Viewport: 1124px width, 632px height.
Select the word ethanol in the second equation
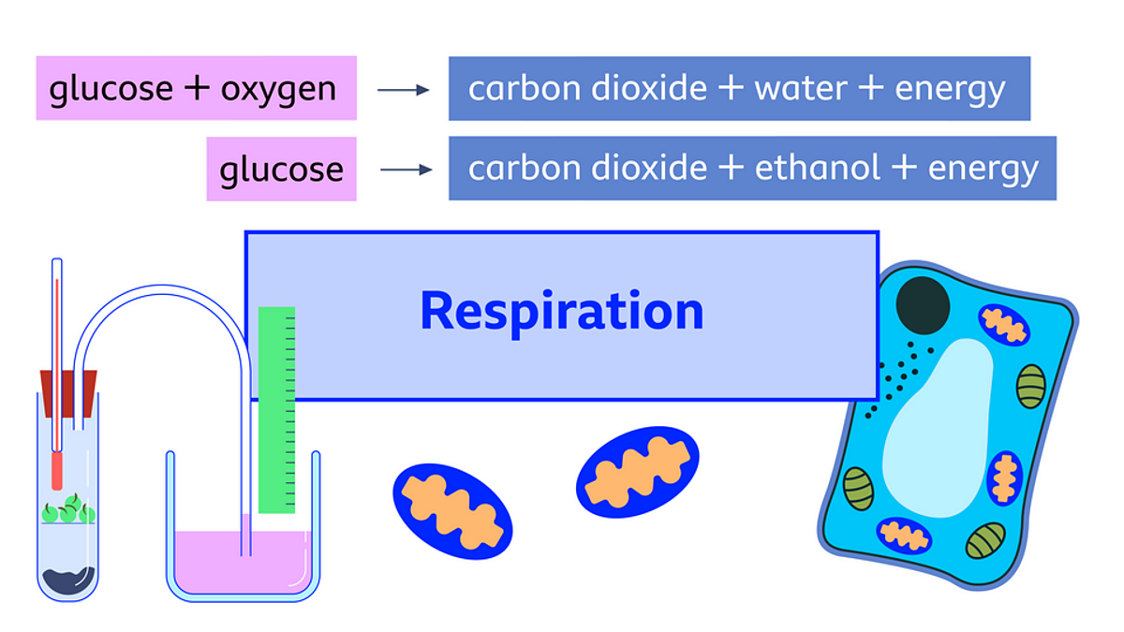(x=817, y=169)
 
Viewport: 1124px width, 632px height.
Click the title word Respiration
(x=561, y=311)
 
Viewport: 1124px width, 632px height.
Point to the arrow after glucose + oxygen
(x=403, y=90)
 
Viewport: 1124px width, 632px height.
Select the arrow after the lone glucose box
(x=406, y=170)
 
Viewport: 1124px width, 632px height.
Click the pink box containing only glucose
(x=281, y=169)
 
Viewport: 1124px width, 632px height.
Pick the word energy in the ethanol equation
(x=983, y=169)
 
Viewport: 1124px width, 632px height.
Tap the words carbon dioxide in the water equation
(x=587, y=89)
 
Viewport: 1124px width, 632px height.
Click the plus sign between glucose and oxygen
(x=197, y=89)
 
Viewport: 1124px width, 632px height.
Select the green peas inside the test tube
(x=67, y=511)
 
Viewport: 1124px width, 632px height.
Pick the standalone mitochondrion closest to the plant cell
(x=637, y=472)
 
